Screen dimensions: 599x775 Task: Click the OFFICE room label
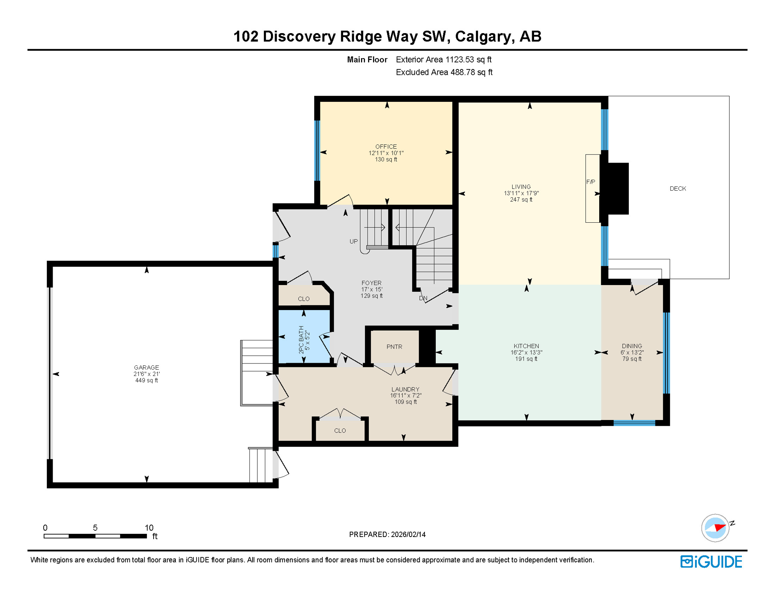coord(386,147)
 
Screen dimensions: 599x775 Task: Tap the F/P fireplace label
coord(590,182)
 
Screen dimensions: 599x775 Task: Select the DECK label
coord(678,189)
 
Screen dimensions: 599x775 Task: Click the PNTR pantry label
coord(394,347)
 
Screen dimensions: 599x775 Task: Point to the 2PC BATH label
coord(301,340)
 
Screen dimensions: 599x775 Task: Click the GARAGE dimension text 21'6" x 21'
coord(147,374)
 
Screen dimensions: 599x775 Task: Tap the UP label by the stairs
coord(353,241)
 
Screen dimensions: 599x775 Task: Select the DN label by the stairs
coord(423,298)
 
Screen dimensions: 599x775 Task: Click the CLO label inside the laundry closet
coord(340,431)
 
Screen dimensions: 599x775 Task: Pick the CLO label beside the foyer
coord(304,299)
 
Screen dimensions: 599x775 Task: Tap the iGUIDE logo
coord(711,562)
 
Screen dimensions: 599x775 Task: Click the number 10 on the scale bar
coord(149,528)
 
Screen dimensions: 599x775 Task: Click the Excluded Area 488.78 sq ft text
coord(444,73)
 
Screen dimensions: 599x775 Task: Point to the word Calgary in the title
coord(483,36)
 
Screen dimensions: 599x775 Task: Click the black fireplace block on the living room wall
coord(618,188)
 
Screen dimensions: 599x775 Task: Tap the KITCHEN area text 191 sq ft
coord(526,359)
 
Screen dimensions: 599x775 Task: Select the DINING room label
coord(632,346)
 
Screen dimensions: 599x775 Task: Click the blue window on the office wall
coord(317,151)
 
